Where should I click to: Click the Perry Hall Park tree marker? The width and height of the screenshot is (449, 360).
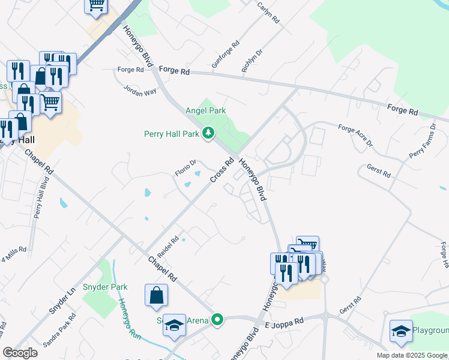click(x=208, y=133)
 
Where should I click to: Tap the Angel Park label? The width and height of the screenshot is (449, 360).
click(x=205, y=111)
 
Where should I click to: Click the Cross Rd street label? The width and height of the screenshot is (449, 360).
click(x=221, y=171)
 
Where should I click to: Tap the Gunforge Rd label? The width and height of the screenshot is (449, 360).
click(x=226, y=54)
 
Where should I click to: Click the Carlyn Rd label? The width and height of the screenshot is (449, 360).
click(x=268, y=11)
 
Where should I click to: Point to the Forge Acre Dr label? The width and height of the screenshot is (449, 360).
click(x=355, y=136)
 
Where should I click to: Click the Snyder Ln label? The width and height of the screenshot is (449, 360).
click(x=62, y=300)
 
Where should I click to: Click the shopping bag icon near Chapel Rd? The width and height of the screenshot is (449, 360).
click(x=156, y=296)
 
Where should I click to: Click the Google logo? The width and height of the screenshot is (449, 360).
click(x=20, y=353)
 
